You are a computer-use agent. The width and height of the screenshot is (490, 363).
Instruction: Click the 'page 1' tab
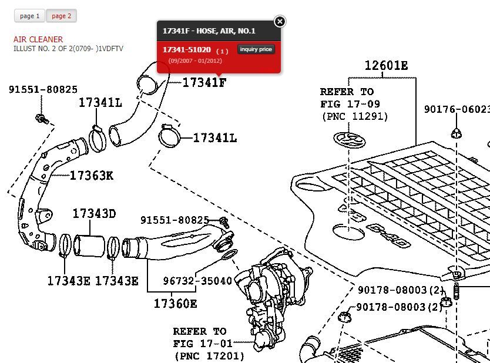(x=29, y=16)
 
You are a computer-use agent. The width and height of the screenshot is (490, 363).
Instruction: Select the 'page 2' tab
(x=61, y=16)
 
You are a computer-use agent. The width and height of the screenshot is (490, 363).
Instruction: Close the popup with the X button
(x=280, y=22)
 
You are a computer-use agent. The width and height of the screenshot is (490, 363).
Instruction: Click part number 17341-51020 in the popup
(x=186, y=50)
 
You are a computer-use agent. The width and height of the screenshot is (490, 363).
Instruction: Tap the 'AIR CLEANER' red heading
(x=38, y=39)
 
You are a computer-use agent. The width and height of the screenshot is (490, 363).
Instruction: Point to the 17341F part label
(x=204, y=83)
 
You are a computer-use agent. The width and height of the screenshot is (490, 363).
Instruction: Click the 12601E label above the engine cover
(x=386, y=66)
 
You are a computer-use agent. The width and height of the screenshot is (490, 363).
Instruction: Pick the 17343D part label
(x=94, y=214)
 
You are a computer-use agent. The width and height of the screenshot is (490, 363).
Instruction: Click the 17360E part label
(x=175, y=304)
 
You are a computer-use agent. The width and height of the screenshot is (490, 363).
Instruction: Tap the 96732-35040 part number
(x=197, y=281)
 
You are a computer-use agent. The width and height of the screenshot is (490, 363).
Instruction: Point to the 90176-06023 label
(x=457, y=109)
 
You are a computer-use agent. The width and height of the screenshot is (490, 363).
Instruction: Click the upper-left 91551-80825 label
(x=43, y=90)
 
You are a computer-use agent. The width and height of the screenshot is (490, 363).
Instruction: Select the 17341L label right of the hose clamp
(x=215, y=138)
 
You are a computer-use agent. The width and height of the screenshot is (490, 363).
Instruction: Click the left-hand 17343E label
(x=69, y=281)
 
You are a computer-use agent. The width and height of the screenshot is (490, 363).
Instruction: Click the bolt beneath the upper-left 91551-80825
(x=41, y=119)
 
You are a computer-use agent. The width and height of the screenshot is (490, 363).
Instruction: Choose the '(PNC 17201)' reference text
(x=209, y=355)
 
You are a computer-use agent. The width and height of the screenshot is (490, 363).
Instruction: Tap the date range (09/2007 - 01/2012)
(x=195, y=61)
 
